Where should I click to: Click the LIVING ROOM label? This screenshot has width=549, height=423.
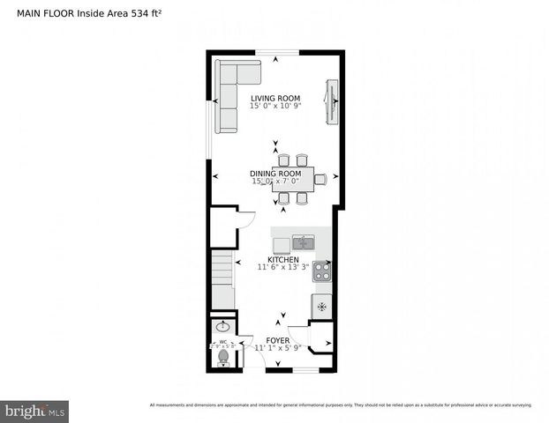274,98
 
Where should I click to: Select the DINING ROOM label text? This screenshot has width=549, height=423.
275,174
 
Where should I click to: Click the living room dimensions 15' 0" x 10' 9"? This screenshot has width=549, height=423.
274,107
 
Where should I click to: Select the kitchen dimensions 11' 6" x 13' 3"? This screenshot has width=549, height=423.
282,267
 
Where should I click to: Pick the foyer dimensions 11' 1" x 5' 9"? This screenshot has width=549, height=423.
277,348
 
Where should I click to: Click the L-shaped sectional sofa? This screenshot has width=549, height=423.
229,93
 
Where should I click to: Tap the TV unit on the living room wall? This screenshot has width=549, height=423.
332,103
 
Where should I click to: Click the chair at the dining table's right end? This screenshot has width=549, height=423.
320,179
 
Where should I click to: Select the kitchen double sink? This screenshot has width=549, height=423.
305,242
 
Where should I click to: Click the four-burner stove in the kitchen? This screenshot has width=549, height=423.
321,271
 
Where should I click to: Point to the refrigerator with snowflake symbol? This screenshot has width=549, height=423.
321,307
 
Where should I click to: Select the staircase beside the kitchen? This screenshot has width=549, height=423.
223,278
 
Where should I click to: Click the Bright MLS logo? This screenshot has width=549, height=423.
35,411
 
